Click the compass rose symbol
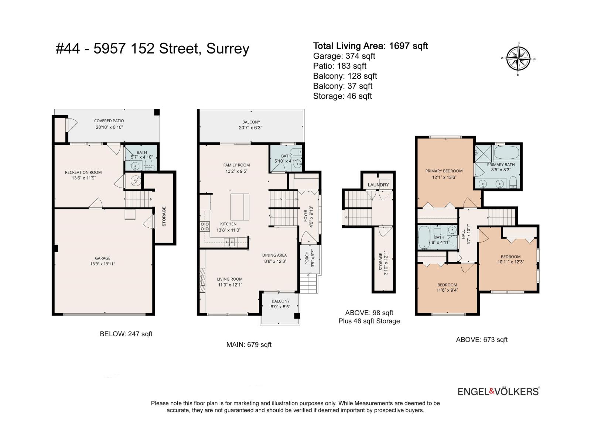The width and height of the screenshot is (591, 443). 518,59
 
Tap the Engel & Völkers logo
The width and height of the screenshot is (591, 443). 499,391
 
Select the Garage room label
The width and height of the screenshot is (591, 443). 103,258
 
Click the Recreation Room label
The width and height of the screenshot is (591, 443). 83,172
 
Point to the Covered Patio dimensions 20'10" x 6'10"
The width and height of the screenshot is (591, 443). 109,127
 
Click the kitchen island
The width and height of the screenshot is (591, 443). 240,207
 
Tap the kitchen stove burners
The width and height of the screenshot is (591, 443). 205,226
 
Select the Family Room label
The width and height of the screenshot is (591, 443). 236,165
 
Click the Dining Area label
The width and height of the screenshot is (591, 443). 274,255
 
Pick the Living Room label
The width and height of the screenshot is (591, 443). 230,279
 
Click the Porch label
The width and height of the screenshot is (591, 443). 307,258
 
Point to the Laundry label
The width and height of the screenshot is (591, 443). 378,185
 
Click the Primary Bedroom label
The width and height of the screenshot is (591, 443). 444,171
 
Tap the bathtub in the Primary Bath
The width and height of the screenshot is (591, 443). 506,153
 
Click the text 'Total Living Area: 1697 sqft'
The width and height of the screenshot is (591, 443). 370,46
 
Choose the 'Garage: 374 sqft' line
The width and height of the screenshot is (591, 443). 344,56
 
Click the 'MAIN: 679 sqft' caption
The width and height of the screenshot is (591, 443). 249,344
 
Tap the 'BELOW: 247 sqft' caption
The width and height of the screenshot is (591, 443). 126,334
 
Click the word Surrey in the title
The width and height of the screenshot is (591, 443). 228,49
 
